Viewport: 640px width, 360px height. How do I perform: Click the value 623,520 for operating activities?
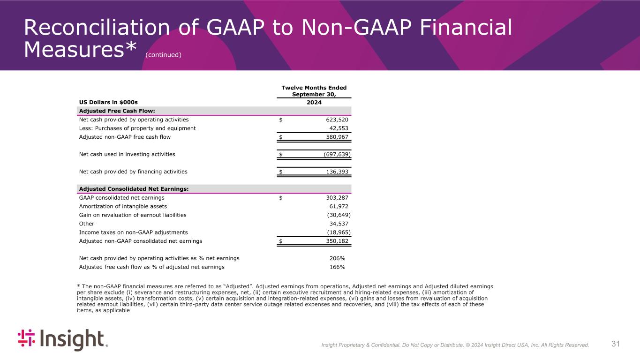[x=337, y=120]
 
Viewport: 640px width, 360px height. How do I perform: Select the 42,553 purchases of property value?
[x=339, y=128]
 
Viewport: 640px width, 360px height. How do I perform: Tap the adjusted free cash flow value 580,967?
[x=337, y=137]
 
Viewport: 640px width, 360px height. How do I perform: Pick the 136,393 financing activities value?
[x=337, y=172]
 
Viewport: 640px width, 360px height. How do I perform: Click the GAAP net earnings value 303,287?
[x=337, y=197]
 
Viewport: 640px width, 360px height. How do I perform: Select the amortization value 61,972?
[x=339, y=206]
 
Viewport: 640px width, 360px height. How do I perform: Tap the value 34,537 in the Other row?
[x=339, y=224]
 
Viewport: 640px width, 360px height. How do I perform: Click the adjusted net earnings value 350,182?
[x=337, y=241]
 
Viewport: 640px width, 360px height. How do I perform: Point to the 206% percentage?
[x=337, y=258]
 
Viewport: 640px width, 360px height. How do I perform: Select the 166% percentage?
[x=337, y=267]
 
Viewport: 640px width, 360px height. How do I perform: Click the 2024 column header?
[x=314, y=102]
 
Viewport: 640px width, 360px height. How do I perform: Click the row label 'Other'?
[x=86, y=224]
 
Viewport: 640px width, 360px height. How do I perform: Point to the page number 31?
[x=616, y=345]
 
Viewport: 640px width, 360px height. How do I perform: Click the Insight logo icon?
[x=27, y=339]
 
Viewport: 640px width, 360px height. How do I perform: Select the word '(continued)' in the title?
[x=163, y=55]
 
